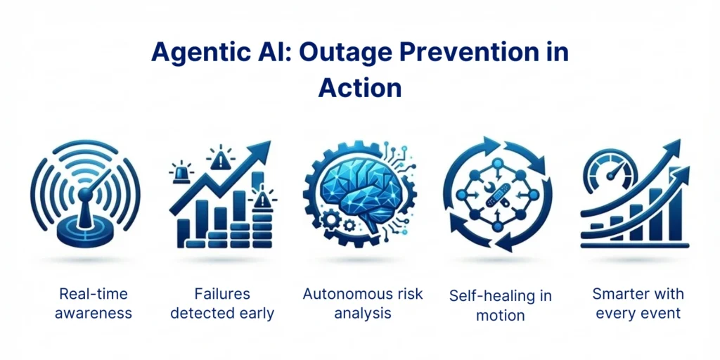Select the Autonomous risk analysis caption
point(363,304)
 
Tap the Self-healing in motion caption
point(500,305)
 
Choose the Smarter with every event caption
point(638,303)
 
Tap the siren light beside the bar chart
point(180,172)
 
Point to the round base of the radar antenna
point(86,230)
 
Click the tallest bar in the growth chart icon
point(676,205)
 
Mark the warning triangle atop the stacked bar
point(262,198)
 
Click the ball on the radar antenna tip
point(84,195)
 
